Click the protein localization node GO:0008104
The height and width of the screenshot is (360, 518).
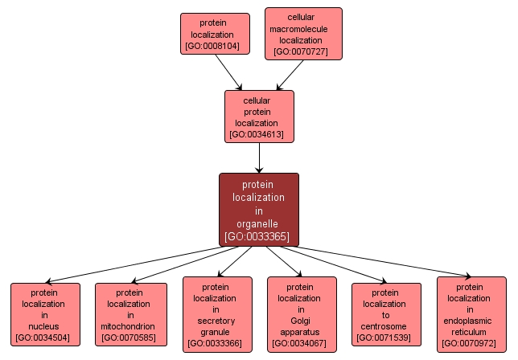212,34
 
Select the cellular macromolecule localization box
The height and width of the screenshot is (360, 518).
303,34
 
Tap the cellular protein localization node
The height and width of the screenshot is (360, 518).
259,117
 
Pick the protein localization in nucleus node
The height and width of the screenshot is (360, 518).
45,314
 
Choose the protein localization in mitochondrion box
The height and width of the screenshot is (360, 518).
130,314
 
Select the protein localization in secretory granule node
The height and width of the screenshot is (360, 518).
216,314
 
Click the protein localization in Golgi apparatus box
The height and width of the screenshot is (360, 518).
302,314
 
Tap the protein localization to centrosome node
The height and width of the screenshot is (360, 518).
386,314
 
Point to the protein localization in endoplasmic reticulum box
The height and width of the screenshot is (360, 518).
471,314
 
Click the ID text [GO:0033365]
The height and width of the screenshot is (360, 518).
259,236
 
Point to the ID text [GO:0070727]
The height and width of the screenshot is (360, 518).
303,52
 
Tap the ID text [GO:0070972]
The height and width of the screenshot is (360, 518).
471,343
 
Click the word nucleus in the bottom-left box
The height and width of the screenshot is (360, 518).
45,326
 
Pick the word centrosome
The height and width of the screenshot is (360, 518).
386,326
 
